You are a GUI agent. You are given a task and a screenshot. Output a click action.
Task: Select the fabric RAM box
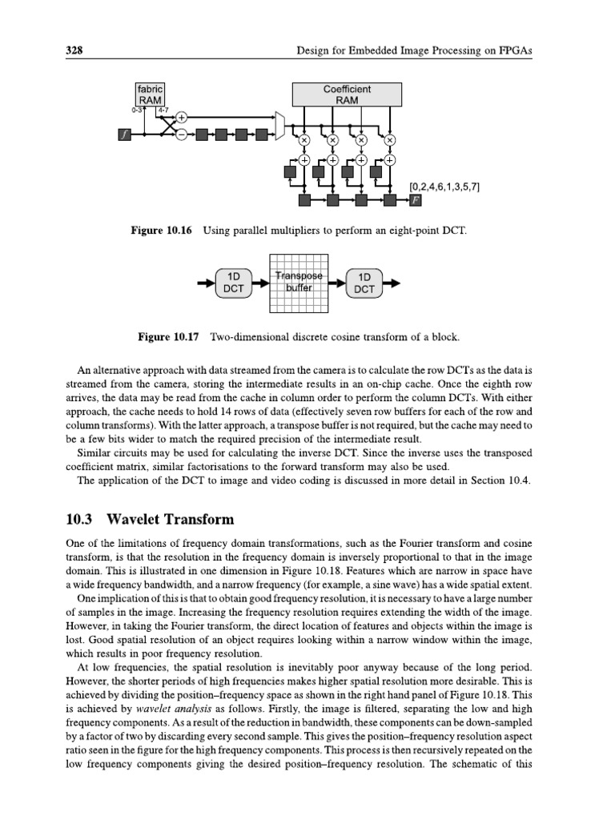(150, 94)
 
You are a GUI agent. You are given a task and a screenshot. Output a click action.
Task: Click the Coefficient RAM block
(347, 94)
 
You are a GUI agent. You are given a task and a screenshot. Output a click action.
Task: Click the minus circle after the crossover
(182, 135)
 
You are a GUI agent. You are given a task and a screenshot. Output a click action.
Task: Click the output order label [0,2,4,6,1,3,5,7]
(444, 186)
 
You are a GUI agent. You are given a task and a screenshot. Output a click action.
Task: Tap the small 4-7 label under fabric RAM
(163, 111)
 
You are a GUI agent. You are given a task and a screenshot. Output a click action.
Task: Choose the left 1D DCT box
(233, 283)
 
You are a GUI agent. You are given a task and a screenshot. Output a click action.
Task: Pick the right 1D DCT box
(364, 283)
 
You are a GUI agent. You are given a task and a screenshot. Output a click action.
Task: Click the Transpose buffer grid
(298, 283)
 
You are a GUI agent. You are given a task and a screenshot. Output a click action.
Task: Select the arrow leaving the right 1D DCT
(393, 283)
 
